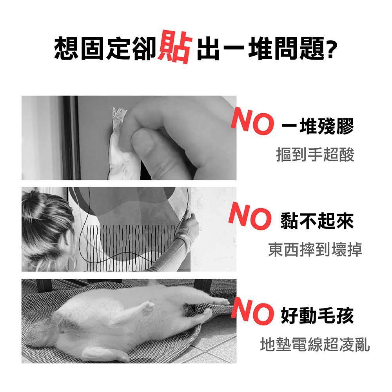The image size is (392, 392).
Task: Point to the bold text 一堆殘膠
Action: click(x=318, y=126)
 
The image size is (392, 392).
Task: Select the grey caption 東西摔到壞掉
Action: click(x=315, y=249)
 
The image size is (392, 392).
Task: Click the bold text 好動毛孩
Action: click(x=317, y=316)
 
